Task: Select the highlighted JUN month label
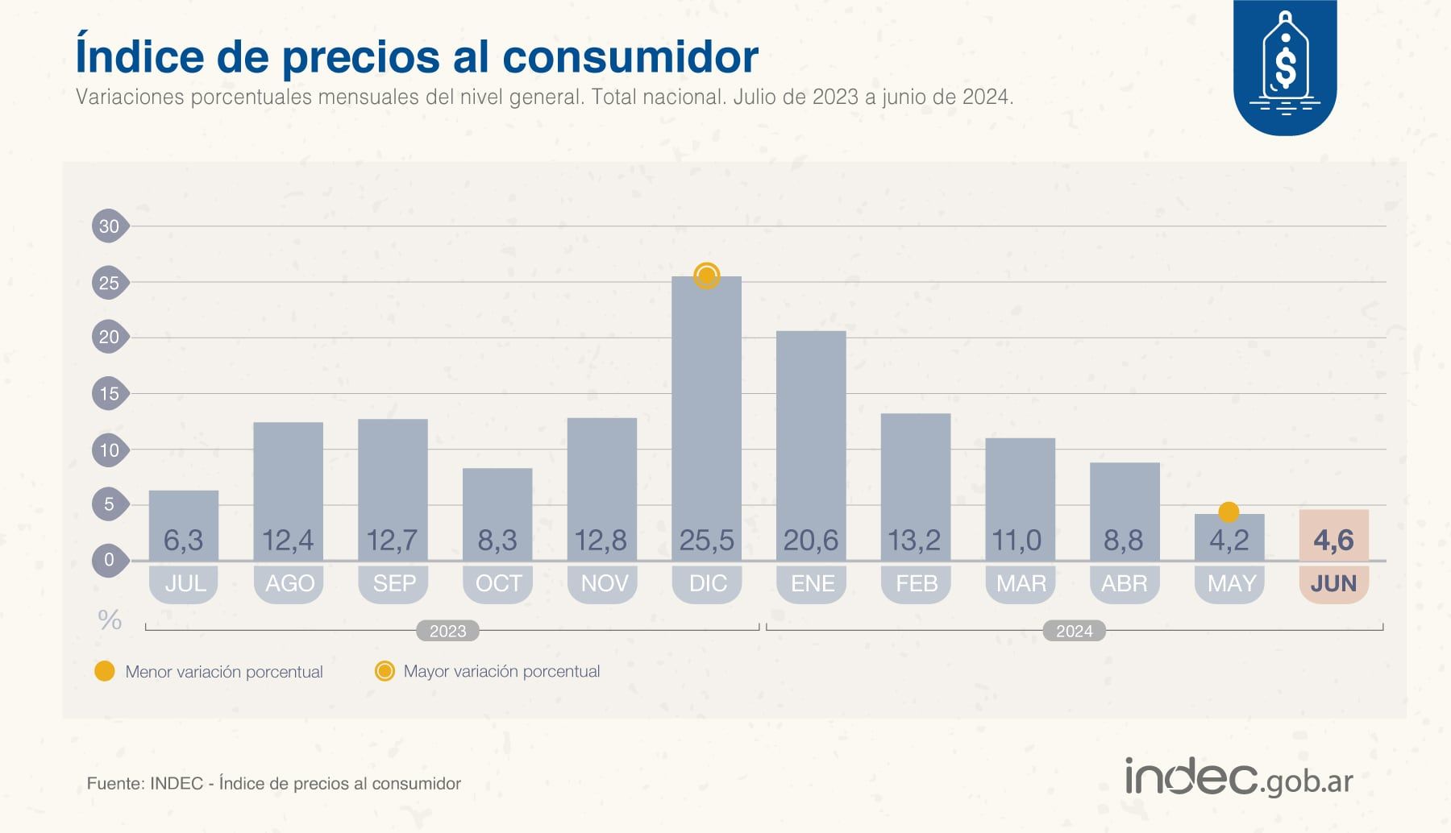click(1333, 583)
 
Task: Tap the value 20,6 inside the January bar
click(811, 540)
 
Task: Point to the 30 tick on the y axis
click(109, 226)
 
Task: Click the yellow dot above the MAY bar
click(1229, 512)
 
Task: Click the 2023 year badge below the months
click(447, 631)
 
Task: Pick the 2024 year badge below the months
click(1074, 631)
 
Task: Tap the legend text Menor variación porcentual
click(224, 672)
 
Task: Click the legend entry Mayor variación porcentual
click(501, 671)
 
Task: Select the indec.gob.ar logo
click(1239, 778)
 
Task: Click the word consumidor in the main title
click(630, 56)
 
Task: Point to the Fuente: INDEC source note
click(274, 784)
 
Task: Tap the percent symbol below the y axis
click(110, 620)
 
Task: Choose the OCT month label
click(498, 583)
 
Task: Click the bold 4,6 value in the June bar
click(1333, 540)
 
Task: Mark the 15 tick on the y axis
click(109, 394)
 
